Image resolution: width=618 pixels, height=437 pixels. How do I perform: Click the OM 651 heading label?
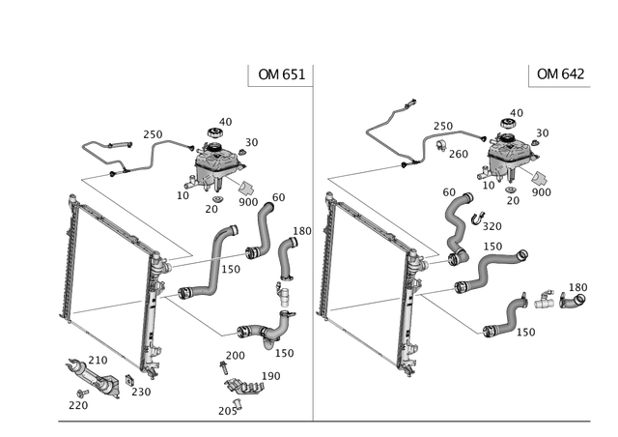click(281, 74)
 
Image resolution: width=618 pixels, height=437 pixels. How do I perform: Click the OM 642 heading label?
click(560, 73)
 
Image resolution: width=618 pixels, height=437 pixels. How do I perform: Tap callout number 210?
click(98, 360)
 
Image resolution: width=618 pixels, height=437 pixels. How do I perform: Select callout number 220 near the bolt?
click(78, 405)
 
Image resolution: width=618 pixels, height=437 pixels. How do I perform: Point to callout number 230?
click(141, 392)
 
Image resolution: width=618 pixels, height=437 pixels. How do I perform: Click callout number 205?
click(228, 411)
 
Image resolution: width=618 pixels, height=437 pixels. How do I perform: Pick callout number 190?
click(270, 376)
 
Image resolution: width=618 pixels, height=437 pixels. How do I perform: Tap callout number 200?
click(236, 356)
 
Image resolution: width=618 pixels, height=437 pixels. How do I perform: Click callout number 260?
click(459, 154)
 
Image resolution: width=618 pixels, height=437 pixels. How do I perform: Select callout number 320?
click(492, 226)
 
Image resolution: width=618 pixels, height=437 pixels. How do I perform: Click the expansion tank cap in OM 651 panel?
click(214, 132)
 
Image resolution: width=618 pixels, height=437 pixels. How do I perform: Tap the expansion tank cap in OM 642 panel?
click(508, 123)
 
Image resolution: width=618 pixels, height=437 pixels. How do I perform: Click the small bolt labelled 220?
click(83, 393)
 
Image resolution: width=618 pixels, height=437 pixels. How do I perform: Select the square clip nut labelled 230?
click(128, 380)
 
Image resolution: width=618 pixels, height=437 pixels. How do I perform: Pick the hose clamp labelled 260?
click(440, 145)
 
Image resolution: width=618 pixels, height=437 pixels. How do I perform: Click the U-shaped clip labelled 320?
click(478, 218)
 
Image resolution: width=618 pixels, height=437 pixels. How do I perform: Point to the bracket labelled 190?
click(244, 386)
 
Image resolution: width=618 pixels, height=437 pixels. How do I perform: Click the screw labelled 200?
click(223, 368)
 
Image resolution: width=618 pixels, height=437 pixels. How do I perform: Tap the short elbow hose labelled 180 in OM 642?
click(573, 302)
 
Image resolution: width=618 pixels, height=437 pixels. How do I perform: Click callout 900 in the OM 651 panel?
click(248, 202)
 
